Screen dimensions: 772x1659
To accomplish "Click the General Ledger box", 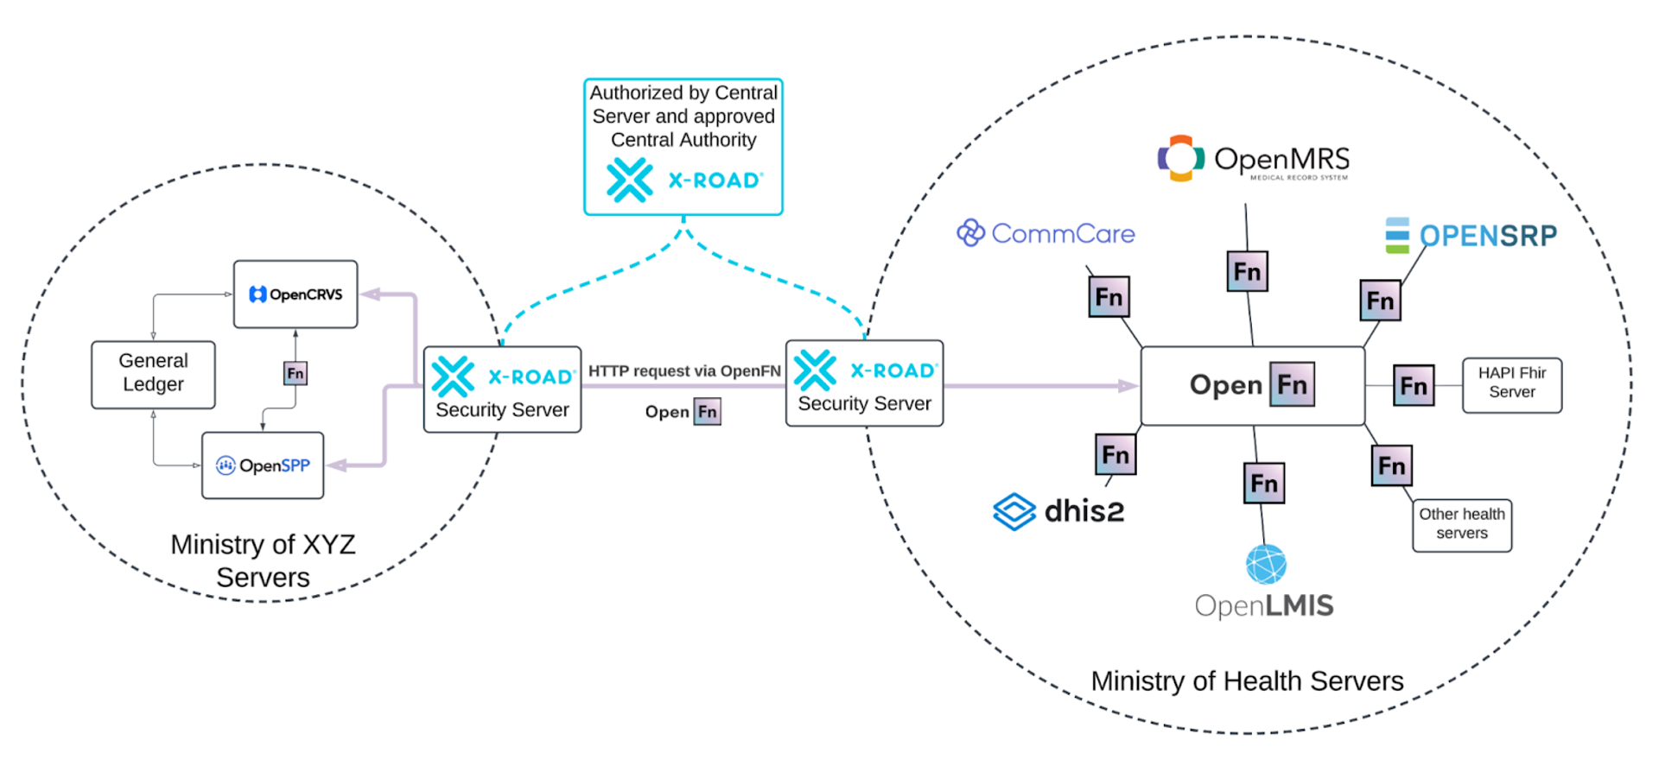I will click(x=153, y=374).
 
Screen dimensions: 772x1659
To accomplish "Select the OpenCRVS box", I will click(x=296, y=294).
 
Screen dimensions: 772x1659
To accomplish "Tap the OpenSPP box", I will click(x=263, y=465).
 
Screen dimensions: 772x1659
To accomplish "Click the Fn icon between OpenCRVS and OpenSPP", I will click(x=296, y=373).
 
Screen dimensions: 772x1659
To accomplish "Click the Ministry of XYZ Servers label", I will click(x=263, y=560).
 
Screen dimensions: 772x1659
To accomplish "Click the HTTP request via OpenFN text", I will click(x=684, y=371).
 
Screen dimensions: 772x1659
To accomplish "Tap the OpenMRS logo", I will click(x=1253, y=159).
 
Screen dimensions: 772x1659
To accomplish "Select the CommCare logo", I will click(x=1046, y=233).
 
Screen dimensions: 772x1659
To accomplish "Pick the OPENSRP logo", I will click(x=1471, y=236).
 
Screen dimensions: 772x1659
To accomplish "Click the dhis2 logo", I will click(x=1059, y=511).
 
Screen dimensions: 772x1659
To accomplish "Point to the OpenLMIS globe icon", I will click(x=1266, y=565).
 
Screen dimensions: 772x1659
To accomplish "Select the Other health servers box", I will click(x=1461, y=524).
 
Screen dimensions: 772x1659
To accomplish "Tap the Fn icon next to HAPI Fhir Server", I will click(x=1414, y=385).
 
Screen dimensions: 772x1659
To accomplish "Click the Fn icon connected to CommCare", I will click(x=1109, y=297).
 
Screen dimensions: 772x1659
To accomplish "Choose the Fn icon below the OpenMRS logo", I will click(x=1247, y=271).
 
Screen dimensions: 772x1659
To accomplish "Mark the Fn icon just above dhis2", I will click(x=1116, y=454).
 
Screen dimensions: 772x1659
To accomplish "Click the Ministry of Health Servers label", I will click(x=1247, y=681).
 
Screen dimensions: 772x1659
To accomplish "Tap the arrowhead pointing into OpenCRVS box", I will click(x=370, y=294).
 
